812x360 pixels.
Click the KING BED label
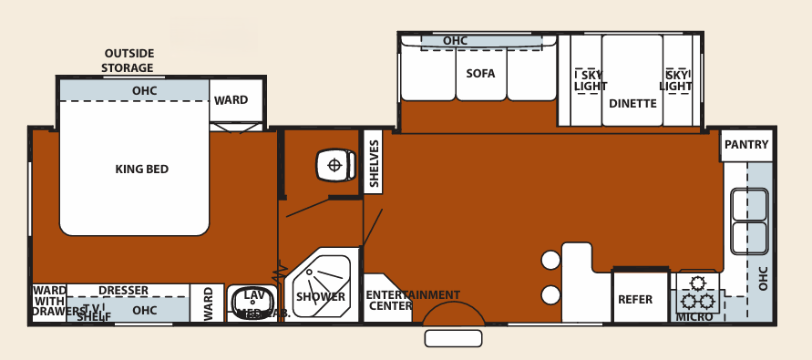tap(141, 170)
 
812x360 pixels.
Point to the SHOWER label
tap(321, 297)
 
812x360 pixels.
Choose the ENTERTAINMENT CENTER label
tap(412, 300)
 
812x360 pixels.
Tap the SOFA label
tap(480, 73)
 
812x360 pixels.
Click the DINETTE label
tap(632, 104)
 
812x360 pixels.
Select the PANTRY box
tap(746, 145)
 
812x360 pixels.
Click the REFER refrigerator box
tap(635, 299)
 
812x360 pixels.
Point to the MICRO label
tap(694, 317)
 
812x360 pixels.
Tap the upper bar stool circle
tap(550, 261)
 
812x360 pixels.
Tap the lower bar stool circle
tap(550, 295)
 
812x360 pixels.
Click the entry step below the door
tap(453, 338)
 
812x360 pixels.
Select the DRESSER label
tap(123, 291)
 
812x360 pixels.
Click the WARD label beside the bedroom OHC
tap(231, 100)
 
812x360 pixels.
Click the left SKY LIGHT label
tap(590, 81)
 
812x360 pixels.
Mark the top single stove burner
tap(699, 283)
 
